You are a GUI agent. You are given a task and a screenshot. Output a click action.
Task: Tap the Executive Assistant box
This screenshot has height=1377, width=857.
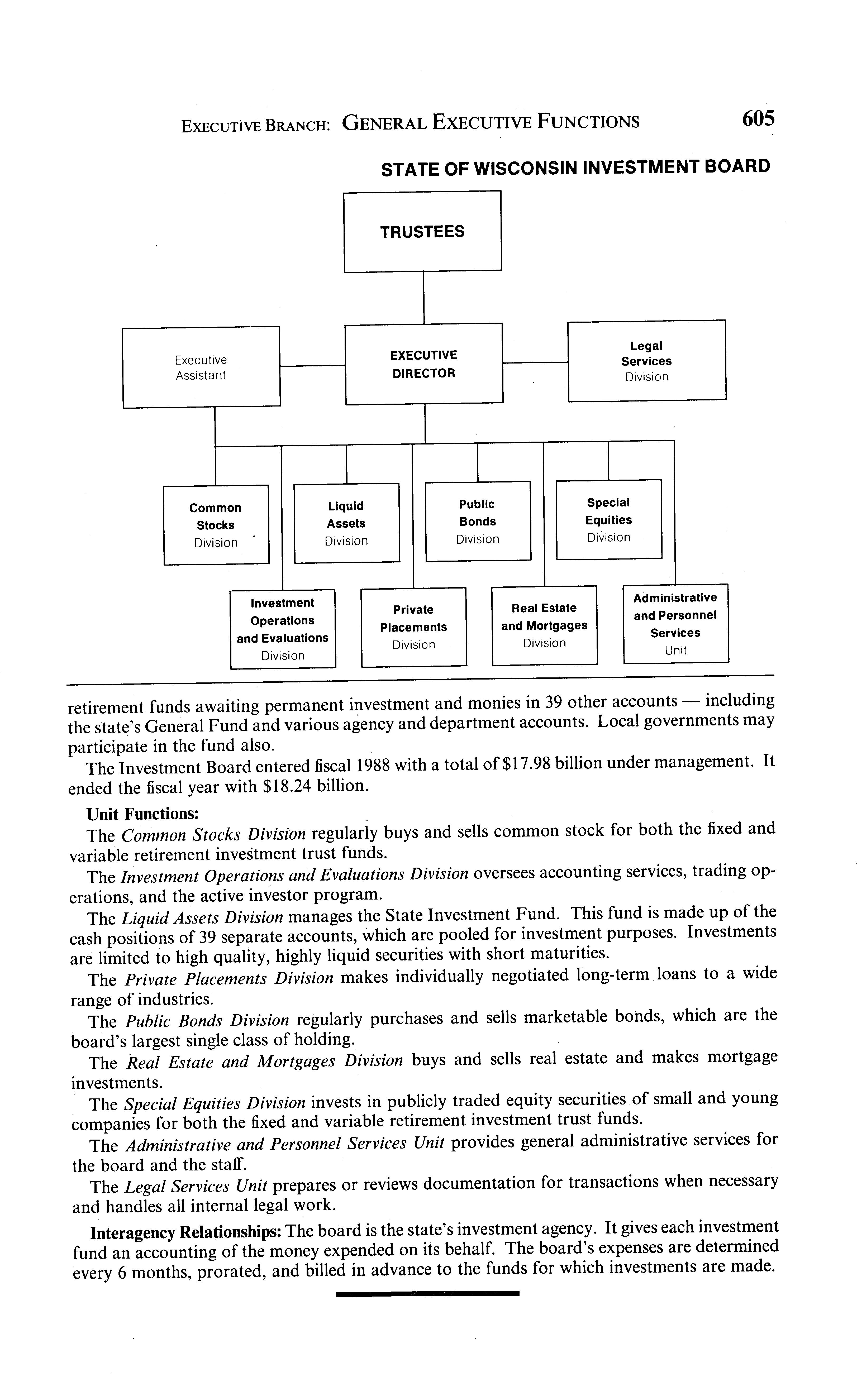pyautogui.click(x=201, y=367)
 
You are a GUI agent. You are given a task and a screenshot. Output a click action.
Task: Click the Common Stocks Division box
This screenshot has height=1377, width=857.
pyautogui.click(x=216, y=525)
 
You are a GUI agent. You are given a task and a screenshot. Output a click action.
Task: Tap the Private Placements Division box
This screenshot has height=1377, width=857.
pyautogui.click(x=414, y=627)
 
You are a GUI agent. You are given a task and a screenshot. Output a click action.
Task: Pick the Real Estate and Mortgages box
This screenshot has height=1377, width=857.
pyautogui.click(x=544, y=625)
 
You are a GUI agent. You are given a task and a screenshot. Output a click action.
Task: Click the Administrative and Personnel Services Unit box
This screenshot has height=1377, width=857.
pyautogui.click(x=676, y=623)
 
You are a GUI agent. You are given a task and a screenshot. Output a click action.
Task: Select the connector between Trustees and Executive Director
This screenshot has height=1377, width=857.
pyautogui.click(x=424, y=298)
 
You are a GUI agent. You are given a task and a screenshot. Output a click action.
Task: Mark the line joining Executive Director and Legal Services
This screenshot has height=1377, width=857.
pyautogui.click(x=535, y=362)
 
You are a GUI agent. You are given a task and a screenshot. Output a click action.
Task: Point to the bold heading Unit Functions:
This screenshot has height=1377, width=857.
pyautogui.click(x=142, y=814)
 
